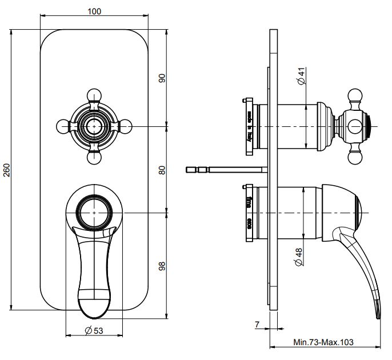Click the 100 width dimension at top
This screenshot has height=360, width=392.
[x=94, y=11]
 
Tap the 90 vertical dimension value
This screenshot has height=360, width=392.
[x=162, y=78]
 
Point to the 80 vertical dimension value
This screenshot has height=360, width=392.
[x=162, y=169]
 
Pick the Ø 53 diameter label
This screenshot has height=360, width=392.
[x=94, y=330]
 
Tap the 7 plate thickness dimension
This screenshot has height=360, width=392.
[x=258, y=325]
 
